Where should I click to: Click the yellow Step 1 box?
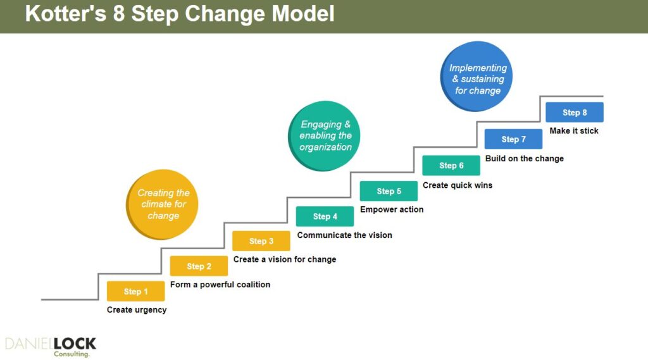pyautogui.click(x=135, y=291)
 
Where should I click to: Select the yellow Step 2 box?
pyautogui.click(x=199, y=266)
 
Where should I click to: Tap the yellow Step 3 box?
pyautogui.click(x=261, y=241)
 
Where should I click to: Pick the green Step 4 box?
pyautogui.click(x=325, y=216)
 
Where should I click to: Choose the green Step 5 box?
pyautogui.click(x=389, y=191)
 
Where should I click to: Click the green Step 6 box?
pyautogui.click(x=451, y=166)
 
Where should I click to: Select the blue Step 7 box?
pyautogui.click(x=513, y=139)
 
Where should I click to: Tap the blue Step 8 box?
pyautogui.click(x=575, y=113)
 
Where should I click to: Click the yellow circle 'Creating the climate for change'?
pyautogui.click(x=163, y=204)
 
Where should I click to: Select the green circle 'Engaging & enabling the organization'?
pyautogui.click(x=325, y=136)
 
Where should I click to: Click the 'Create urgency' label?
pyautogui.click(x=137, y=310)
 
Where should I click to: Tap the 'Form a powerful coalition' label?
pyautogui.click(x=220, y=285)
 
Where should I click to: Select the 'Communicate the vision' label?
pyautogui.click(x=344, y=235)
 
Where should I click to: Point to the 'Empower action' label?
pyautogui.click(x=392, y=209)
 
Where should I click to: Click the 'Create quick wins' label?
pyautogui.click(x=457, y=185)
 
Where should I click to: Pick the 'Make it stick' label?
pyautogui.click(x=574, y=131)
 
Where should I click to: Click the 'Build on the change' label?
pyautogui.click(x=524, y=158)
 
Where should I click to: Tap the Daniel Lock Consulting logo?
pyautogui.click(x=51, y=347)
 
